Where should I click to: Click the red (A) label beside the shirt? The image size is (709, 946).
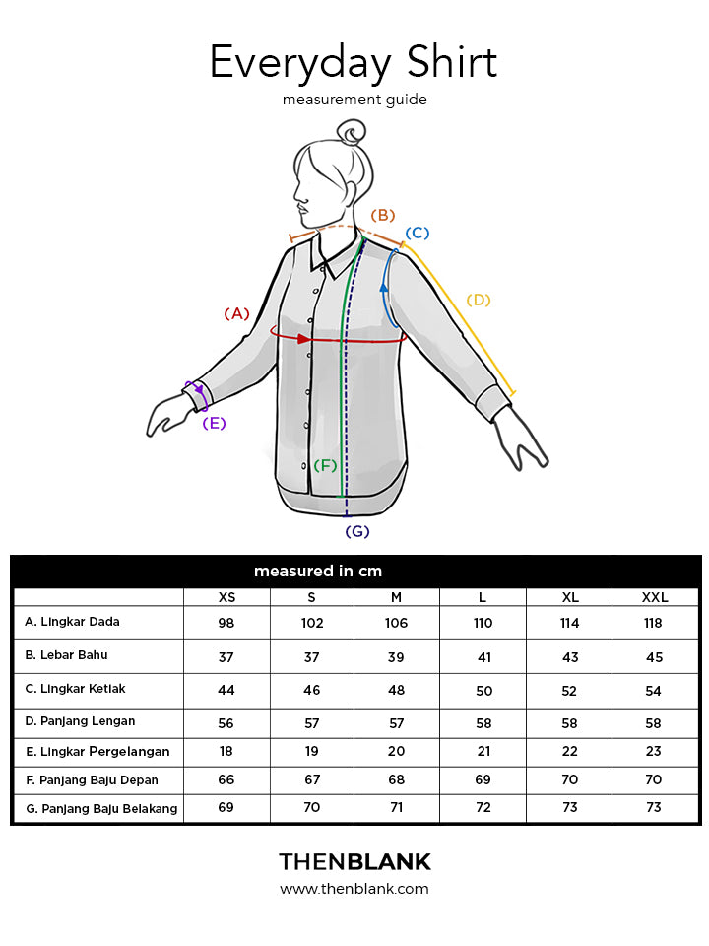(x=236, y=313)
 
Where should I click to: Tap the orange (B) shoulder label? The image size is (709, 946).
(x=383, y=216)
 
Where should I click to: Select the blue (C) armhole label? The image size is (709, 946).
(x=418, y=233)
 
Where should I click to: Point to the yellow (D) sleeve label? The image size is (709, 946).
(x=479, y=300)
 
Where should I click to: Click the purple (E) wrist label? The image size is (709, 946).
(x=214, y=423)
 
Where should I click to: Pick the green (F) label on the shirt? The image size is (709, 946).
(x=325, y=465)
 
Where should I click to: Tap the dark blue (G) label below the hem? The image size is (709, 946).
(x=356, y=531)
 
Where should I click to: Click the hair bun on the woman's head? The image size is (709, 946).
(x=351, y=132)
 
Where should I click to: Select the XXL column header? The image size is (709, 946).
(x=655, y=597)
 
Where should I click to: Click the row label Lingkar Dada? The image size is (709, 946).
(x=72, y=622)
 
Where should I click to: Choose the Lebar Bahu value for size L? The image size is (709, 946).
(x=484, y=657)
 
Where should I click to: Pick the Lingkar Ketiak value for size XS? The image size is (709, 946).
(x=226, y=690)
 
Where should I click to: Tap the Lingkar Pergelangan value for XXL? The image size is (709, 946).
(x=654, y=751)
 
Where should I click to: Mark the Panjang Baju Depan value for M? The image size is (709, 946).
(x=396, y=779)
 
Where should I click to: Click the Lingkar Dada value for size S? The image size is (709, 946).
(x=312, y=623)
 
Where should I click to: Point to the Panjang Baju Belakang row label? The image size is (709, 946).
(x=101, y=808)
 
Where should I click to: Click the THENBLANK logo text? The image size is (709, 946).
(x=355, y=862)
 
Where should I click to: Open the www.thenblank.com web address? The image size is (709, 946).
(x=354, y=889)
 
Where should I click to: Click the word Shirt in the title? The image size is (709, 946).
(x=452, y=61)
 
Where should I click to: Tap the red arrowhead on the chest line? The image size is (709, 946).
(x=304, y=339)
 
